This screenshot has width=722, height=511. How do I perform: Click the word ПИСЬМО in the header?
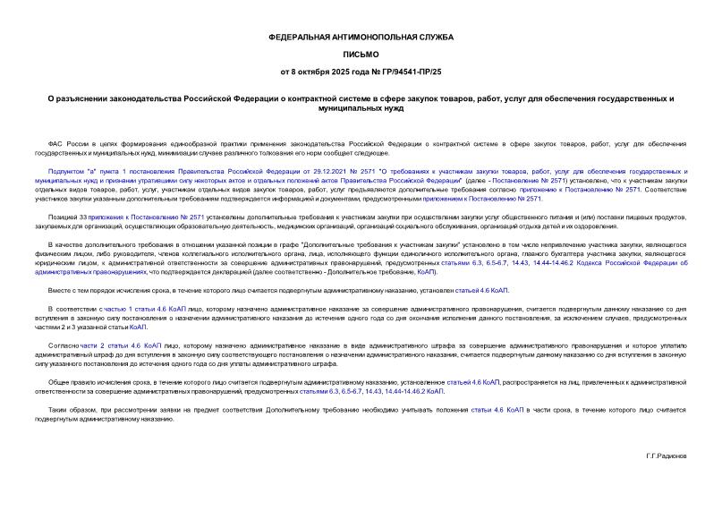pyautogui.click(x=361, y=54)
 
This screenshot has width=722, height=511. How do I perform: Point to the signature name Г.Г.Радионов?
pyautogui.click(x=666, y=456)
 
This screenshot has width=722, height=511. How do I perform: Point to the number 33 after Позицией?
pyautogui.click(x=83, y=216)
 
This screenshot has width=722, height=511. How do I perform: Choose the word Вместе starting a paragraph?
pyautogui.click(x=59, y=290)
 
